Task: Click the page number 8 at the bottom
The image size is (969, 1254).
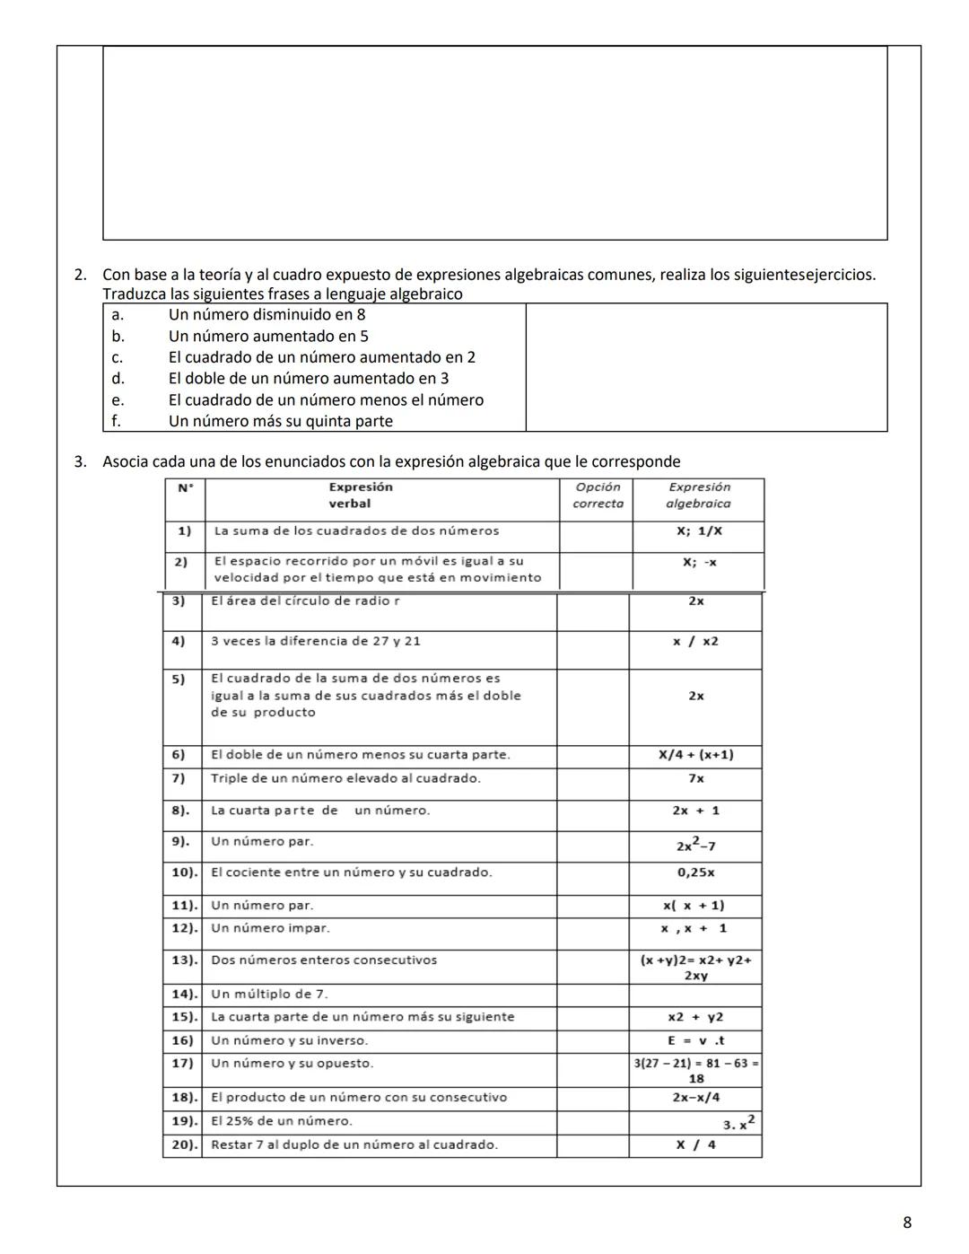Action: point(907,1223)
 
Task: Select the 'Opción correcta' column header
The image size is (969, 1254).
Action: point(598,495)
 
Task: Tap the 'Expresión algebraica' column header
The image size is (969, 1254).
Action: point(699,495)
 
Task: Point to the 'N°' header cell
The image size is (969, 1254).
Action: point(185,487)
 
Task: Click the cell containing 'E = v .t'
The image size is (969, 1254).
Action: point(695,1041)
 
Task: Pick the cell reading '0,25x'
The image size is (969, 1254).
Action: point(695,873)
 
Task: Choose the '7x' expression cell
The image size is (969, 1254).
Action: point(695,779)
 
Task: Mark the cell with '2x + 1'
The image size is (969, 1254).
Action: point(695,811)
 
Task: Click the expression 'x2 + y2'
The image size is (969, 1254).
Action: point(695,1017)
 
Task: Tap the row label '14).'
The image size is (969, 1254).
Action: point(184,995)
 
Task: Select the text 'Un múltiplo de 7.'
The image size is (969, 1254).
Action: point(269,995)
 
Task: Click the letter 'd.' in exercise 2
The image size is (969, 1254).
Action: point(118,379)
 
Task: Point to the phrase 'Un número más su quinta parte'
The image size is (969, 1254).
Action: point(280,421)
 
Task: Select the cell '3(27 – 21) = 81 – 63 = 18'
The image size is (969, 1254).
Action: point(695,1071)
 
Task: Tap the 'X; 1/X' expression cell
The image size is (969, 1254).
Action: point(699,531)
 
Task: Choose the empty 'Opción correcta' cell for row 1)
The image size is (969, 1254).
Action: point(596,536)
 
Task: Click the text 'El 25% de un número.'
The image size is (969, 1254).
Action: point(281,1121)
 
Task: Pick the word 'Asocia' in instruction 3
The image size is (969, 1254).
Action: point(125,462)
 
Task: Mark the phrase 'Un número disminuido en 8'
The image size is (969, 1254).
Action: point(266,315)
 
